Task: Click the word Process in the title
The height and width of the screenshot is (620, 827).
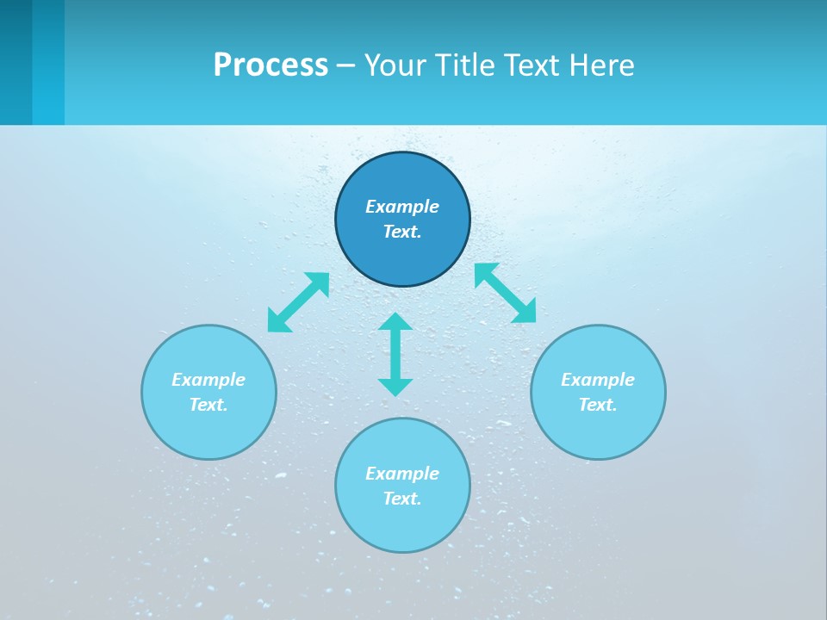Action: (270, 65)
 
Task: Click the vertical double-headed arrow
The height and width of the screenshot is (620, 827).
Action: (395, 355)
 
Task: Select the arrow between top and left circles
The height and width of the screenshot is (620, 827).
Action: (299, 302)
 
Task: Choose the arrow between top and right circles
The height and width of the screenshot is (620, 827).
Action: (505, 293)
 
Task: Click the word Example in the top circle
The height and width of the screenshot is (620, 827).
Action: (402, 207)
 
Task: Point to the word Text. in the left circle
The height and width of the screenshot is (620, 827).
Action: (208, 405)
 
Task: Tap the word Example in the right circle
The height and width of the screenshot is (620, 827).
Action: (598, 380)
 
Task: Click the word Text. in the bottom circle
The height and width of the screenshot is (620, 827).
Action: (402, 499)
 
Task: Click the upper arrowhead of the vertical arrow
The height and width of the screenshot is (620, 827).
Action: (395, 323)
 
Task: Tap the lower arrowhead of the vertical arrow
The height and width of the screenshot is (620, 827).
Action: (395, 387)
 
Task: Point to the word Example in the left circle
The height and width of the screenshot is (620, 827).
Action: (208, 380)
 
